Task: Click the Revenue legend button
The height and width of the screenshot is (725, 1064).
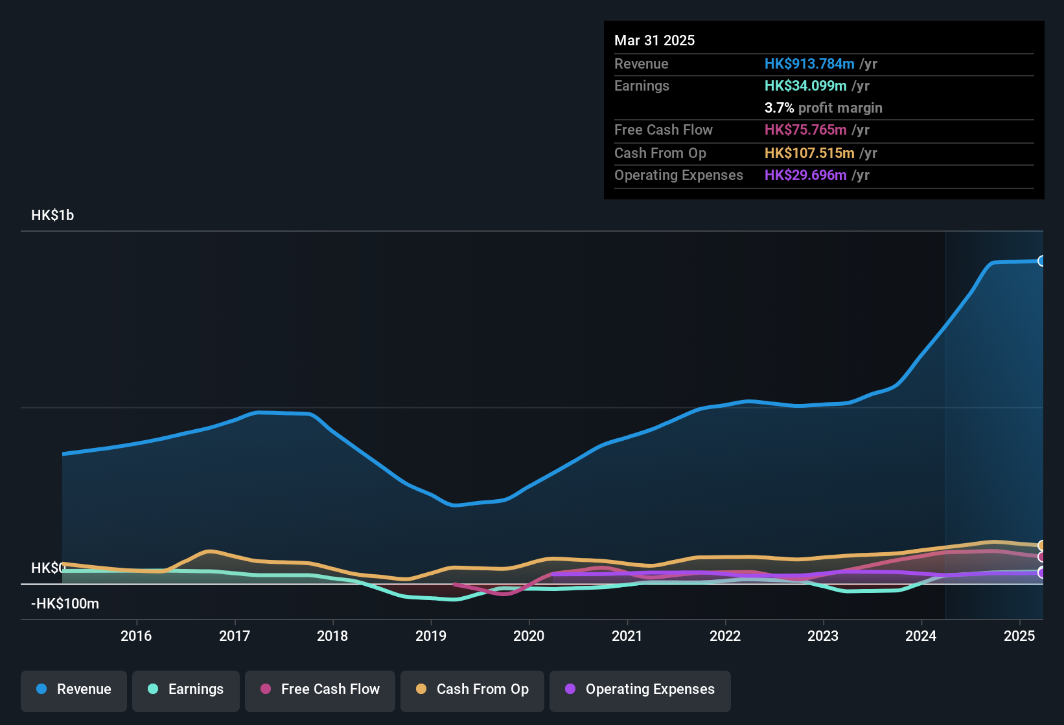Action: tap(74, 689)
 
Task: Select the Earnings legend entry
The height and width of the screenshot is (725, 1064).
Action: tap(186, 689)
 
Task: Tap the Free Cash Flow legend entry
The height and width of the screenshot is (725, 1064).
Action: tap(320, 689)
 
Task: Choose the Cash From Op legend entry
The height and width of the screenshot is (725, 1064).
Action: tap(472, 689)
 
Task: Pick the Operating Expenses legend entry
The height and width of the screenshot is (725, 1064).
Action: tap(640, 689)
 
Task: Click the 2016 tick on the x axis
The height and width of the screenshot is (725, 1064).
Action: tap(136, 636)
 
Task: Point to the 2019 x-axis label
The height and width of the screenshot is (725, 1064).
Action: tap(431, 636)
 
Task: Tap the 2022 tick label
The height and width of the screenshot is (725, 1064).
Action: tap(725, 636)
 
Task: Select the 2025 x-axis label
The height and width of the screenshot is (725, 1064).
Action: tap(1019, 636)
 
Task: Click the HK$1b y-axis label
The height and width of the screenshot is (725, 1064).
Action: tap(52, 216)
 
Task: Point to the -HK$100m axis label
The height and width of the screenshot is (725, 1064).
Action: tap(65, 604)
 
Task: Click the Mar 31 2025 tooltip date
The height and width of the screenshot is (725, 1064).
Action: tap(654, 41)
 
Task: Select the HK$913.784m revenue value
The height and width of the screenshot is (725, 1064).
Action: tap(809, 64)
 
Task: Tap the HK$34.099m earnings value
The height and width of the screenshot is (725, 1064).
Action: tap(805, 86)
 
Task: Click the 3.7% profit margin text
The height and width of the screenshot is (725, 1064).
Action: tap(823, 108)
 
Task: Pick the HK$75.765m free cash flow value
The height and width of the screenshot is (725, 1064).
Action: tap(805, 130)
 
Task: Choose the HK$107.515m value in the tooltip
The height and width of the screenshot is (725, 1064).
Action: tap(809, 153)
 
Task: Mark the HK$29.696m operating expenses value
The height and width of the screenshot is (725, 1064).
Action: tap(805, 175)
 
